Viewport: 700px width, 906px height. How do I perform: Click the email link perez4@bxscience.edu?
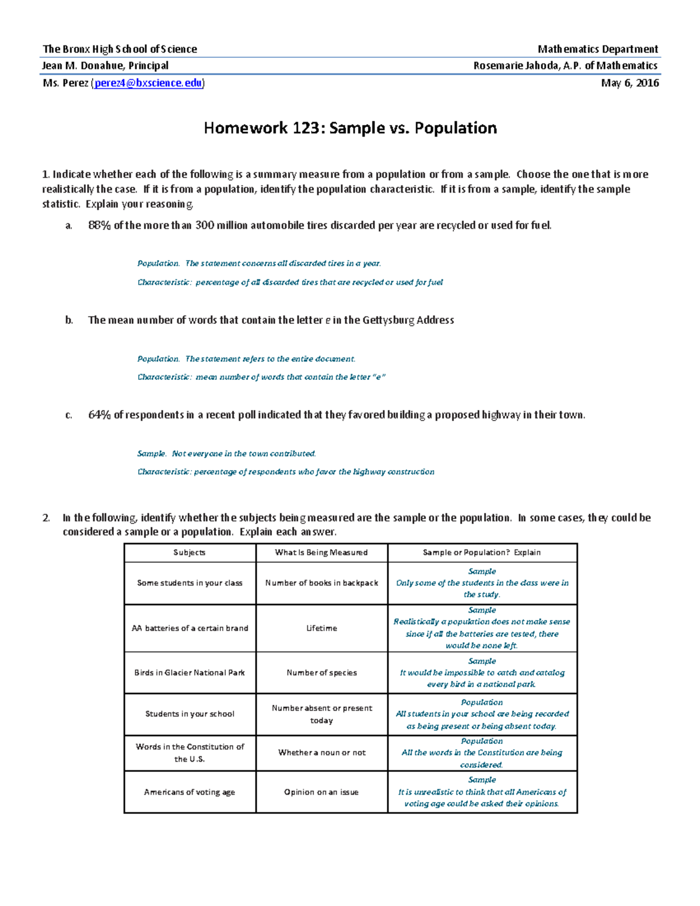(148, 83)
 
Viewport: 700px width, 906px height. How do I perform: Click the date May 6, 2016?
(629, 83)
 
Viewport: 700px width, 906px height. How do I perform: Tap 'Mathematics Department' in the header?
(597, 49)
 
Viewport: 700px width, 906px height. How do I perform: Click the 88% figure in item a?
(99, 225)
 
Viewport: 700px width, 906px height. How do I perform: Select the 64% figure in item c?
(99, 415)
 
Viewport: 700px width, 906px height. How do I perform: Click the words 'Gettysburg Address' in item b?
(408, 320)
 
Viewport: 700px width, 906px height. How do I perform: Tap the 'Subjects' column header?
(190, 552)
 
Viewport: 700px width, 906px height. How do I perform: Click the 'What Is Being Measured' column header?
(321, 552)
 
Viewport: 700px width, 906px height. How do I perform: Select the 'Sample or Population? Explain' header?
(482, 552)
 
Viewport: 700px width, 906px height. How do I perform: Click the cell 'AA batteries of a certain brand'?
(190, 628)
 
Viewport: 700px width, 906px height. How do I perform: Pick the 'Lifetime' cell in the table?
(321, 628)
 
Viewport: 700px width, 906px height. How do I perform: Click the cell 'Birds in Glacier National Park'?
(190, 673)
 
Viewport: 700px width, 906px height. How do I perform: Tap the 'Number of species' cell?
(321, 673)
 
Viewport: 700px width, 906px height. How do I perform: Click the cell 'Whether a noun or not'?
(321, 753)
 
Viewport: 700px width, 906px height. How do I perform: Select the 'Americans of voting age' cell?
(190, 792)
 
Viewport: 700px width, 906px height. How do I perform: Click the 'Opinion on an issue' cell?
(321, 792)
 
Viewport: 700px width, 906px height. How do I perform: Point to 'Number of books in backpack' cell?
(321, 583)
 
